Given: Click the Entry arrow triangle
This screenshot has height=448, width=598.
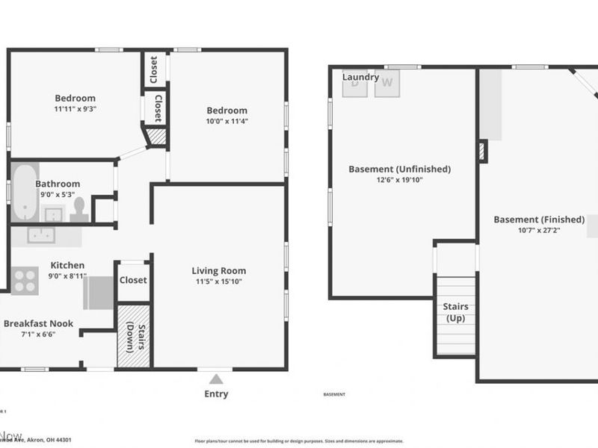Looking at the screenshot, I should pyautogui.click(x=216, y=379).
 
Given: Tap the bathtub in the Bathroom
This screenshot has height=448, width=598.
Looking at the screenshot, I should pyautogui.click(x=24, y=192).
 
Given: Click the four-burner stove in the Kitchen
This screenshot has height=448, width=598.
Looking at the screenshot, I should pyautogui.click(x=24, y=279).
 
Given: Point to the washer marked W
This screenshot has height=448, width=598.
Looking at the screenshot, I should pyautogui.click(x=386, y=83).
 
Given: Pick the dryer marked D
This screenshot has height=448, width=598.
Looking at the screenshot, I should pyautogui.click(x=355, y=84).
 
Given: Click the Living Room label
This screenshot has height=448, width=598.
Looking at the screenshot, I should pyautogui.click(x=218, y=271).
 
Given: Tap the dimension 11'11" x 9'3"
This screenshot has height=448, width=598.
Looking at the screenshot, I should pyautogui.click(x=75, y=108).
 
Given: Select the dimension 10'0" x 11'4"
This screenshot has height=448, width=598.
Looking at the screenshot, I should pyautogui.click(x=226, y=121).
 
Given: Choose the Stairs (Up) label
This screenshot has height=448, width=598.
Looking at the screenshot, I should pyautogui.click(x=455, y=313).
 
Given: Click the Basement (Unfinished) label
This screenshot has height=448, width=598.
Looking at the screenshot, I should pyautogui.click(x=400, y=169).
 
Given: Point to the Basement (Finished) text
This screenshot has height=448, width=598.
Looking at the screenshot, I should pyautogui.click(x=539, y=220).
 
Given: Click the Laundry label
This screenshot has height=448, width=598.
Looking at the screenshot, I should pyautogui.click(x=360, y=77).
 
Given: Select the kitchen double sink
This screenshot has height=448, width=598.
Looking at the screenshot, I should pyautogui.click(x=42, y=235).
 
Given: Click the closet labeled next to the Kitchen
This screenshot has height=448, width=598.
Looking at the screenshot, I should pyautogui.click(x=133, y=280).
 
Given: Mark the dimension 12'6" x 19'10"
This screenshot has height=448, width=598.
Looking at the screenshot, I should pyautogui.click(x=400, y=180).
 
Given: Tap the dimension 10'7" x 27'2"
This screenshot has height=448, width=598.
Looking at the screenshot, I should pyautogui.click(x=539, y=231).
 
